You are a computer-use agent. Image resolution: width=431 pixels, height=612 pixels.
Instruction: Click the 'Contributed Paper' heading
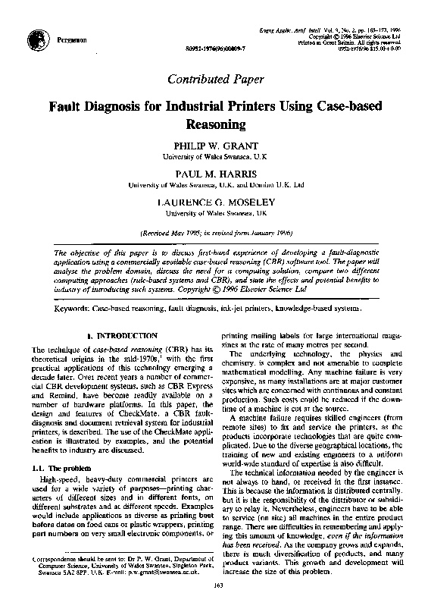[x=215, y=78]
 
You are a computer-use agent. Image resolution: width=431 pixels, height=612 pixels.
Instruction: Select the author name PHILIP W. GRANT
[x=215, y=144]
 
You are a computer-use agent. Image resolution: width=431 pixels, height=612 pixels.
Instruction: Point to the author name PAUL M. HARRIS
[x=215, y=173]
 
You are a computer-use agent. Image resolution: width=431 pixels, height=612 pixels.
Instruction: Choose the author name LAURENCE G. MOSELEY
[x=215, y=202]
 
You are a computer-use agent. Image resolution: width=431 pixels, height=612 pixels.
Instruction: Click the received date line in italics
[x=215, y=233]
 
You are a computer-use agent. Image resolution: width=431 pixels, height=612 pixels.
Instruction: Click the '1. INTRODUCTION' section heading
[x=122, y=334]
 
